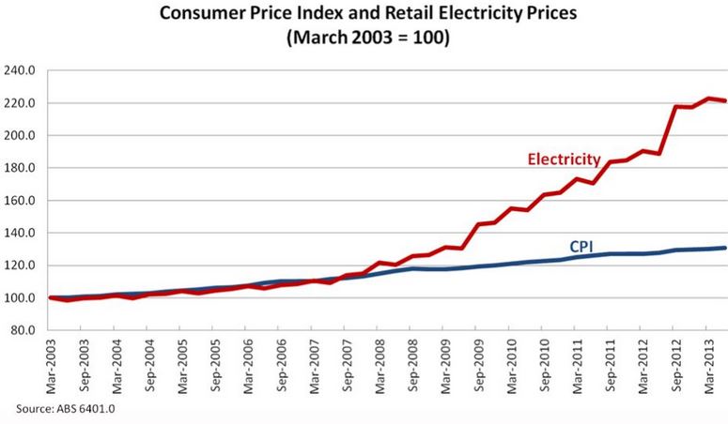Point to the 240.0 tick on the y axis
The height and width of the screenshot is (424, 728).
click(x=21, y=70)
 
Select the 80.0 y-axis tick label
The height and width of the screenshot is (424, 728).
click(x=23, y=330)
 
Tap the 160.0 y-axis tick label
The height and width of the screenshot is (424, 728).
click(x=21, y=201)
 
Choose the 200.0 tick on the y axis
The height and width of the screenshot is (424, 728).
click(x=21, y=135)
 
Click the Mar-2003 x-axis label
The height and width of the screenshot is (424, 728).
click(x=49, y=367)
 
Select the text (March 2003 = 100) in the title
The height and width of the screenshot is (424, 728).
click(x=364, y=38)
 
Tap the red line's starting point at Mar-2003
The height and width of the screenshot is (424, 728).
click(x=49, y=298)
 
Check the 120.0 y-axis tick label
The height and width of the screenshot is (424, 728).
click(x=21, y=265)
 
